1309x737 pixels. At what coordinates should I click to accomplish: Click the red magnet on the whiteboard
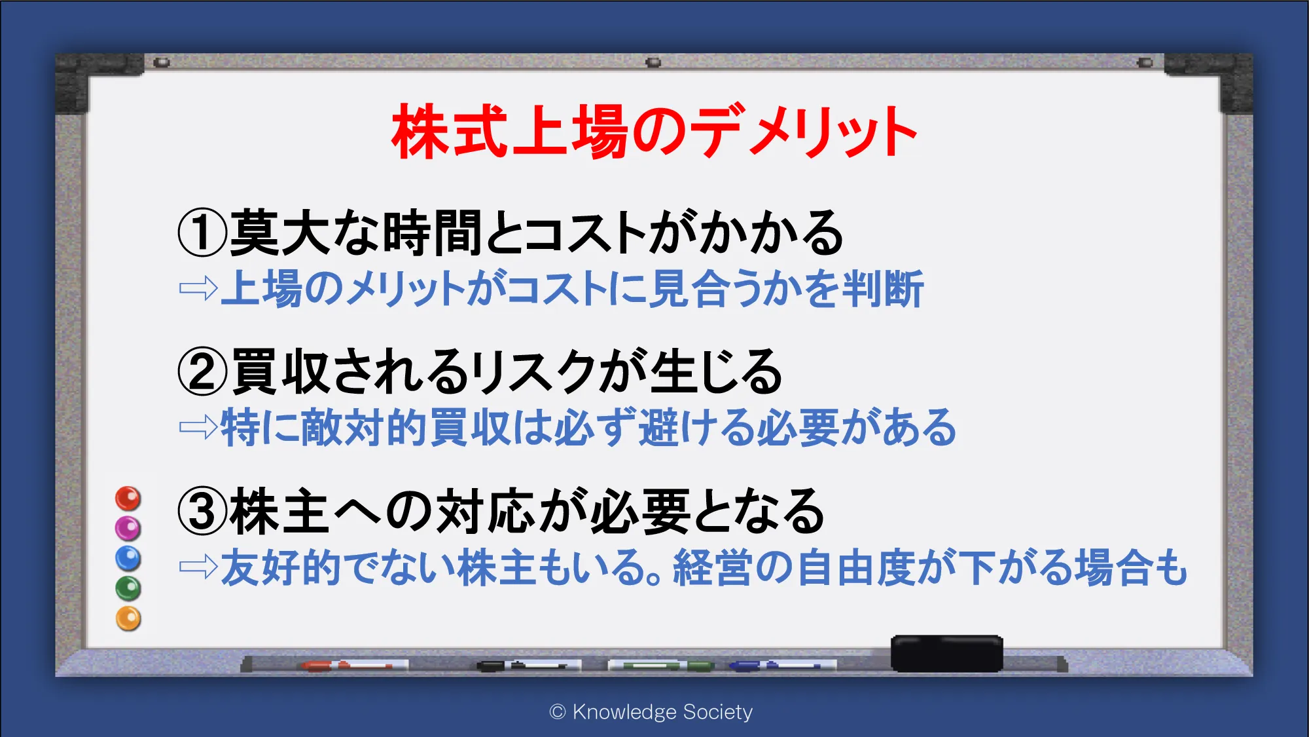(128, 499)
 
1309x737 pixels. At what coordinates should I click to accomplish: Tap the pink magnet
(128, 528)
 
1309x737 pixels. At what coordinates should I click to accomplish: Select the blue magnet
(128, 558)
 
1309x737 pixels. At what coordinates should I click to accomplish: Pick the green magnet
(128, 588)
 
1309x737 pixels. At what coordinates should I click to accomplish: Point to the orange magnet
(128, 618)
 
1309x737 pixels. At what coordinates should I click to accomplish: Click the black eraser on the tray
(946, 653)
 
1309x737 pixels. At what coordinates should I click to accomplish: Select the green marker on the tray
(661, 666)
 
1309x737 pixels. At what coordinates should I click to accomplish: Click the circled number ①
(202, 233)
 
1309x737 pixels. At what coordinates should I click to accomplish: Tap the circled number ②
(202, 371)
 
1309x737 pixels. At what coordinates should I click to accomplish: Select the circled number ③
(202, 512)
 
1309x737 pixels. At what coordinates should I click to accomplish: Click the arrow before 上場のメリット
(198, 288)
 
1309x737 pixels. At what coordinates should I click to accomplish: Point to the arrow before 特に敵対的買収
(198, 427)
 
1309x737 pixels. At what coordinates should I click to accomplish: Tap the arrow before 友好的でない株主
(198, 567)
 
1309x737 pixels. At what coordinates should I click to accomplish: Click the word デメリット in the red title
(805, 132)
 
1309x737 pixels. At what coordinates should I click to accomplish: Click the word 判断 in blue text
(884, 288)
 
